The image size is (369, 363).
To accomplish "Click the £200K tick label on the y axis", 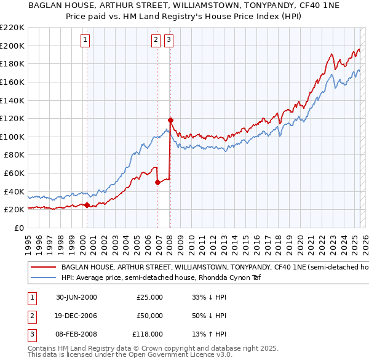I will [13, 46].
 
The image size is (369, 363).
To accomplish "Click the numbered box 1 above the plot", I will [85, 41].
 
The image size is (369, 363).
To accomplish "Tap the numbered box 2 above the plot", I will [156, 41].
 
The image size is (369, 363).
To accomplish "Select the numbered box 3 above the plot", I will [169, 41].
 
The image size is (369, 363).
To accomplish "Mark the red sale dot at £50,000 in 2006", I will [158, 182].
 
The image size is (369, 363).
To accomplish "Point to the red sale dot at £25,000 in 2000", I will [87, 205].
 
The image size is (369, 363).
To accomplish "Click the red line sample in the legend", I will [43, 268].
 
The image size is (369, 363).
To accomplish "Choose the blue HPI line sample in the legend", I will [43, 277].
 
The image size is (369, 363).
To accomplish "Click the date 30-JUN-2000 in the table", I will [76, 297].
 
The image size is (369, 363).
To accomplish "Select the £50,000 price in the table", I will [149, 316].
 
